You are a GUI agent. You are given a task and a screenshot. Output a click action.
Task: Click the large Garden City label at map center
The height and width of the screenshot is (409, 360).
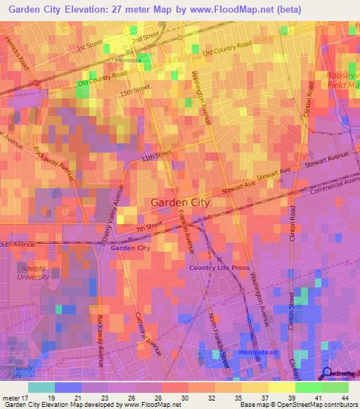[x=180, y=202]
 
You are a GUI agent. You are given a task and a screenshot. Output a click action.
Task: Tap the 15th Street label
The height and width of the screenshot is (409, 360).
[x=136, y=89]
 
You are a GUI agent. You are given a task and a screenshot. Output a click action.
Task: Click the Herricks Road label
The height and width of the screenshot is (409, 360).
[x=17, y=53]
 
